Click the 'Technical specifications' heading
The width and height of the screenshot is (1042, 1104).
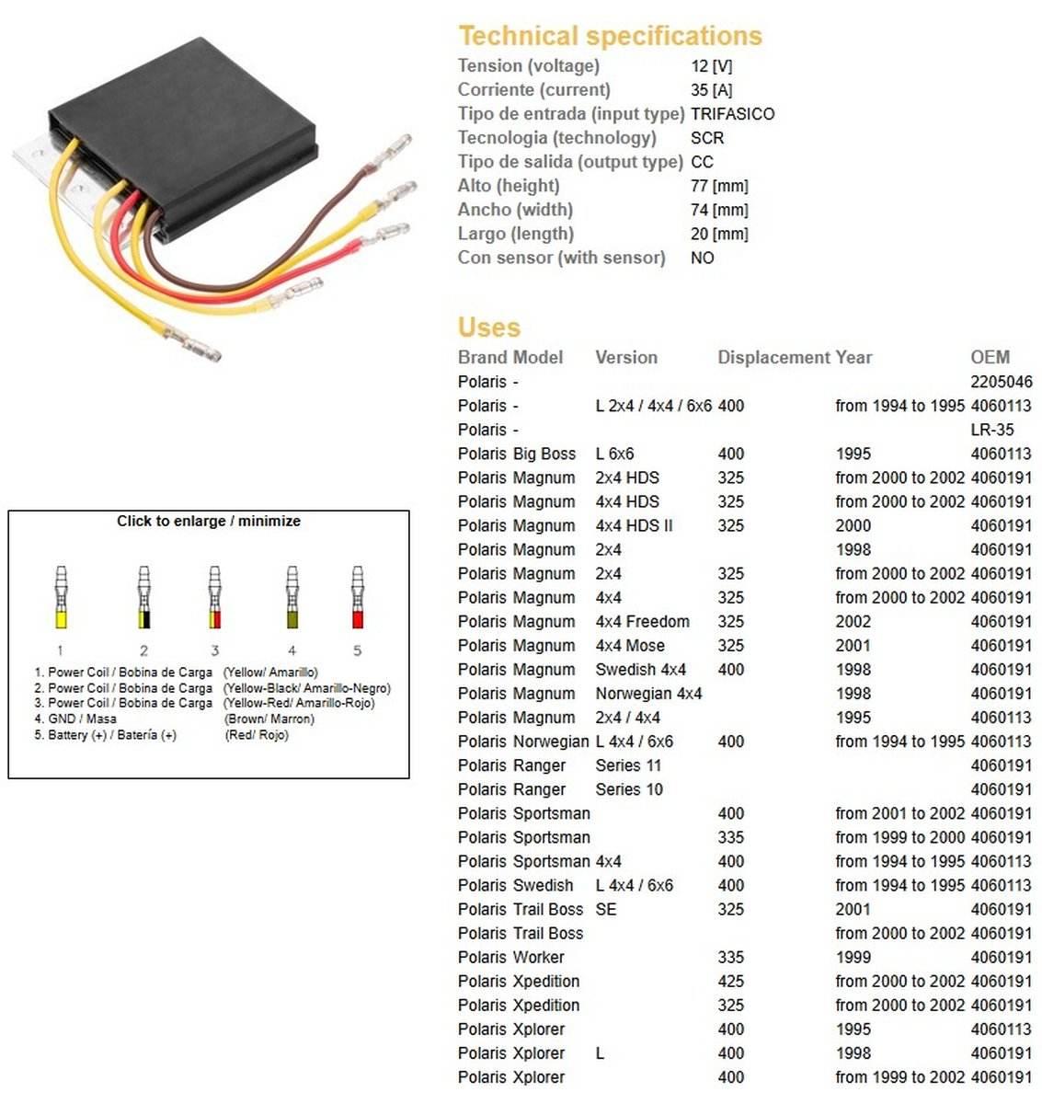pyautogui.click(x=610, y=36)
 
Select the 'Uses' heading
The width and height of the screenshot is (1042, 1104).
pyautogui.click(x=488, y=328)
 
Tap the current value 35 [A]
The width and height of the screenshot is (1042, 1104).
pyautogui.click(x=711, y=90)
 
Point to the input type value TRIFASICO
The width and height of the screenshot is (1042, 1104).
pyautogui.click(x=732, y=114)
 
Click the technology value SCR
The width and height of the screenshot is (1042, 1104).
pyautogui.click(x=706, y=138)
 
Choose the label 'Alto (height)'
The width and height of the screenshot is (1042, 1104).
pyautogui.click(x=509, y=186)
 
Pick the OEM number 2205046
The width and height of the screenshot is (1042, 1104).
pyautogui.click(x=1001, y=382)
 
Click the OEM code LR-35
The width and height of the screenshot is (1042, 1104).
pyautogui.click(x=991, y=430)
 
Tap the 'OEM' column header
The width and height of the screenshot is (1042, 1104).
pyautogui.click(x=990, y=357)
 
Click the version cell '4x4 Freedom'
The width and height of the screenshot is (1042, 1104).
pyautogui.click(x=642, y=622)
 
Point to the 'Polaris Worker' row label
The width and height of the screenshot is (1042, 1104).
pyautogui.click(x=510, y=957)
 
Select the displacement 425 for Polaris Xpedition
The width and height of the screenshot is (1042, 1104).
pyautogui.click(x=730, y=981)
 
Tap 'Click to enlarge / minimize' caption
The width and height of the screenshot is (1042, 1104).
pyautogui.click(x=209, y=521)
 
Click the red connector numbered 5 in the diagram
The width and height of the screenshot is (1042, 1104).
pyautogui.click(x=358, y=598)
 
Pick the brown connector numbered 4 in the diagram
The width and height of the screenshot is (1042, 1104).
pyautogui.click(x=292, y=598)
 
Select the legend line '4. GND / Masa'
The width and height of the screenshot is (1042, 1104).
pyautogui.click(x=75, y=719)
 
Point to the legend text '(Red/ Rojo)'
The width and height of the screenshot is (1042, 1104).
pyautogui.click(x=257, y=735)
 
